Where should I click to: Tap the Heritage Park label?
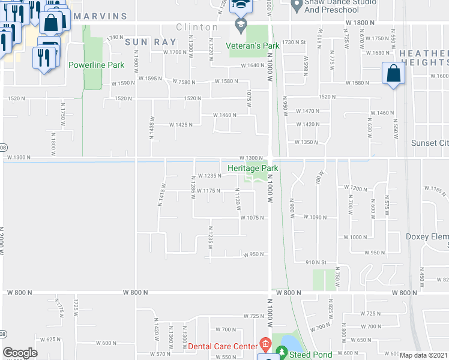click(x=248, y=169)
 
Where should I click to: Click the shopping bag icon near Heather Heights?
click(x=393, y=74)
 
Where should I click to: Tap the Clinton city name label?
click(x=197, y=27)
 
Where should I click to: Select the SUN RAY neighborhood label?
click(x=151, y=42)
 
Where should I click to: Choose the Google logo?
click(x=20, y=353)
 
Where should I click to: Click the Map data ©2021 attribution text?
click(x=423, y=355)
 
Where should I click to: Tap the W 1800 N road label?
click(x=360, y=22)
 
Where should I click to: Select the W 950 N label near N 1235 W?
click(x=253, y=254)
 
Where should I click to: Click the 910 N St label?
click(x=315, y=262)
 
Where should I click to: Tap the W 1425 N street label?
click(x=180, y=125)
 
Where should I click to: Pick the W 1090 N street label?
click(x=315, y=217)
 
